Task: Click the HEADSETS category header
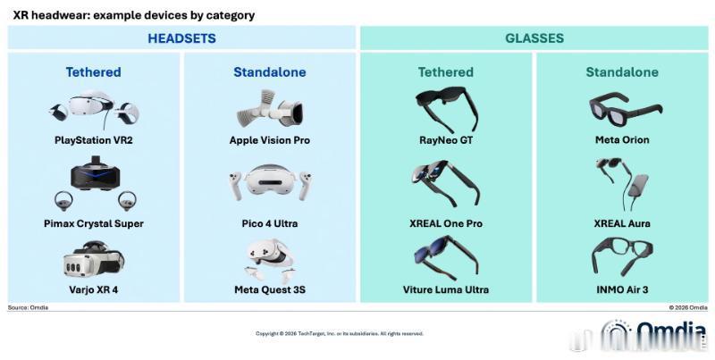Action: (x=181, y=38)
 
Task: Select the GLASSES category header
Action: (x=534, y=38)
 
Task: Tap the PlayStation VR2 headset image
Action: (x=95, y=109)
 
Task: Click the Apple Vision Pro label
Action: (x=270, y=140)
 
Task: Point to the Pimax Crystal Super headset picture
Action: (x=95, y=183)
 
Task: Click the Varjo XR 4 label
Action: (x=94, y=289)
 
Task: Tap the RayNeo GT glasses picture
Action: (x=446, y=109)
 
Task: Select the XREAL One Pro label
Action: (x=446, y=223)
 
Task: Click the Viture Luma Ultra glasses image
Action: (x=446, y=257)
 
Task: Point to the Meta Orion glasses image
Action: (x=625, y=108)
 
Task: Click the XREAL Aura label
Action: (x=622, y=223)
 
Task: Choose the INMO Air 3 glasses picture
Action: (x=622, y=256)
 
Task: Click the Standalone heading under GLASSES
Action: (x=622, y=72)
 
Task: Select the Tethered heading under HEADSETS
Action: (x=94, y=72)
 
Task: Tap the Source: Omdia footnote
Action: (x=28, y=307)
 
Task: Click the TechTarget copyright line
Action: (x=340, y=333)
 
